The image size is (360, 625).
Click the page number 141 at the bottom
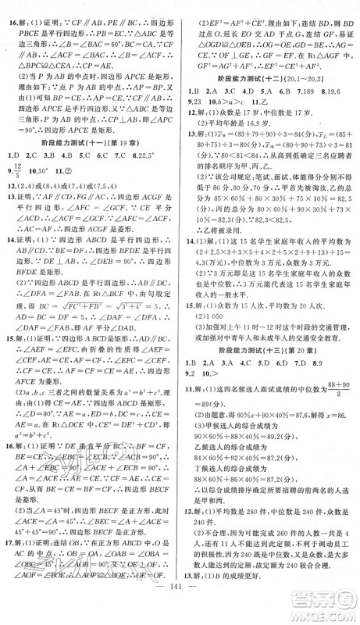(180, 605)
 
